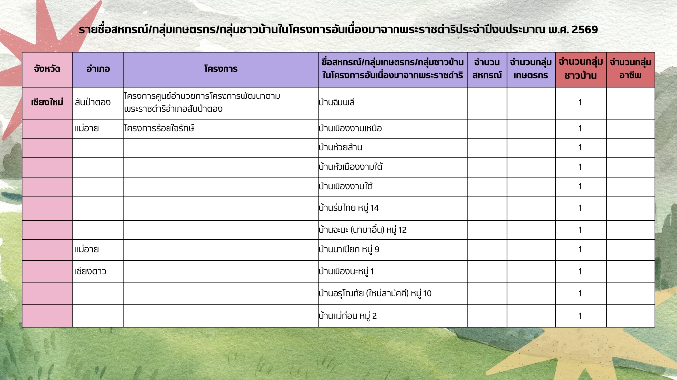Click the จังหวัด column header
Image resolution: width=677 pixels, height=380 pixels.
[x=47, y=69]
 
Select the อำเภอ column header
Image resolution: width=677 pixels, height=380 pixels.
[x=98, y=69]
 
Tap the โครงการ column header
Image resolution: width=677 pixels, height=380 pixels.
[x=221, y=69]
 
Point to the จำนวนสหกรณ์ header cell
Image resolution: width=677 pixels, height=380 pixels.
[x=486, y=69]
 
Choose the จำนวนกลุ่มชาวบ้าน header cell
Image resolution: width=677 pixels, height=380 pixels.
[x=580, y=69]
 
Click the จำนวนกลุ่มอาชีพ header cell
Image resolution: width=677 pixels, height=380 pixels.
[x=630, y=69]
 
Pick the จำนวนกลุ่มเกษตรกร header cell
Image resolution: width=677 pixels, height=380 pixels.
[x=530, y=69]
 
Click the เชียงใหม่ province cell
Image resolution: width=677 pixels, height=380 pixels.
[x=47, y=102]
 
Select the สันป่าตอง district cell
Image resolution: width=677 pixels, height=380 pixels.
[x=93, y=103]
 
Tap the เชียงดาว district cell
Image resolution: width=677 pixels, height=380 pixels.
[x=91, y=271]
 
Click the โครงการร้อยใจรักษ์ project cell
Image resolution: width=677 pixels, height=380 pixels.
[x=159, y=129]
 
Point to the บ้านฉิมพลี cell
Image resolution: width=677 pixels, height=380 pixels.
[x=337, y=103]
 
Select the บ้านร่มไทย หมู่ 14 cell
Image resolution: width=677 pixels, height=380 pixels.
[x=349, y=208]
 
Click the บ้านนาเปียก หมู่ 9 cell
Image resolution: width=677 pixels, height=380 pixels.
[x=349, y=249]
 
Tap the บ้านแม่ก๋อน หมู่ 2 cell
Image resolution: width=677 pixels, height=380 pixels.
[x=348, y=316]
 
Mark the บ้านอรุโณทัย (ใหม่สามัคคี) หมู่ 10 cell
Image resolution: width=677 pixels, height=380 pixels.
[x=375, y=293]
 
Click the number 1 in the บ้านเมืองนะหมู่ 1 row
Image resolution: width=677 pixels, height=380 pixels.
[x=580, y=271]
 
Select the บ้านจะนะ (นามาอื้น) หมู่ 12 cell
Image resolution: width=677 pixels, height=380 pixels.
[x=363, y=230]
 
